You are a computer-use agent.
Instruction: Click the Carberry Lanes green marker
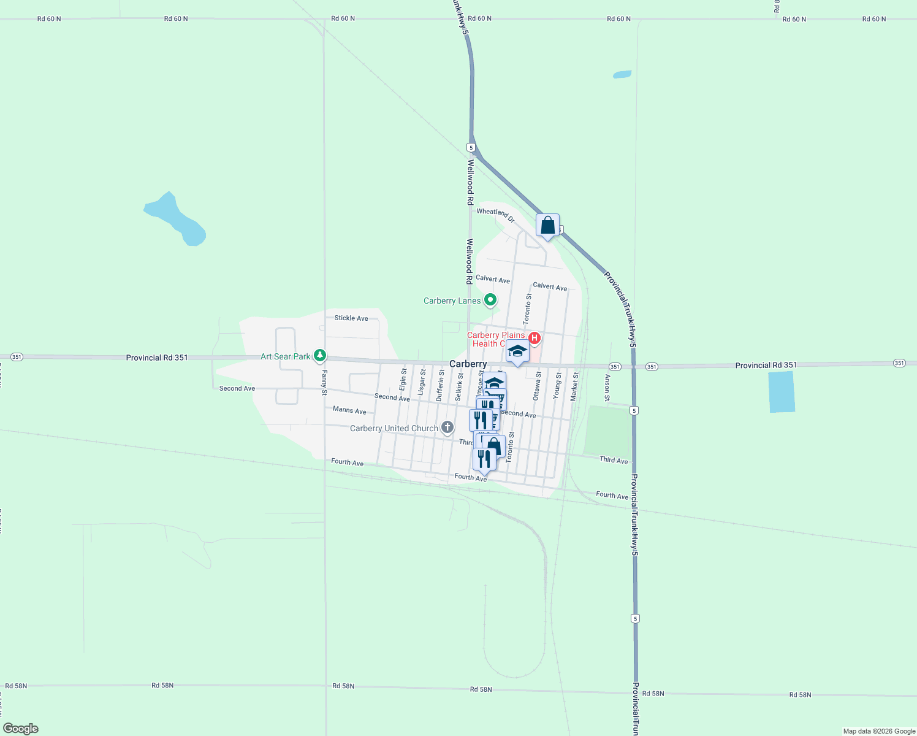pos(490,300)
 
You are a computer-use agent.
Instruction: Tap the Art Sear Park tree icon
pos(319,356)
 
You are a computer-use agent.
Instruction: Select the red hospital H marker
pos(535,338)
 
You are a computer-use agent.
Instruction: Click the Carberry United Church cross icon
pos(447,427)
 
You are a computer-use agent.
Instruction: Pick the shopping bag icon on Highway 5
pos(547,226)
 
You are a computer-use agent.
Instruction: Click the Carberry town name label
pos(468,364)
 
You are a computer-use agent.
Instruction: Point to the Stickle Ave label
pos(351,318)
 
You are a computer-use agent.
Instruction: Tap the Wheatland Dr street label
pos(495,214)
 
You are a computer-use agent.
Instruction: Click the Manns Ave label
pos(349,410)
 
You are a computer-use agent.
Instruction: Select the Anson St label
pos(607,388)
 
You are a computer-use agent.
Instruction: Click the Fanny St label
pos(324,383)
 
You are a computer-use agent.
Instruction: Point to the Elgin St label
pos(403,379)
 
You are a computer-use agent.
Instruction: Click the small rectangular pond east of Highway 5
pos(782,391)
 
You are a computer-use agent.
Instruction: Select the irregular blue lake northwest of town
pos(176,219)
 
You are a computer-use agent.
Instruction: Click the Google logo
pos(21,728)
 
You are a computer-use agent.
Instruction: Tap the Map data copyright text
pos(878,731)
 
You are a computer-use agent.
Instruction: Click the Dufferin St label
pos(440,385)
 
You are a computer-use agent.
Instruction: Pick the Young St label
pos(558,385)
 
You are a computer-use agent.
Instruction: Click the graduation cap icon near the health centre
pos(517,352)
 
